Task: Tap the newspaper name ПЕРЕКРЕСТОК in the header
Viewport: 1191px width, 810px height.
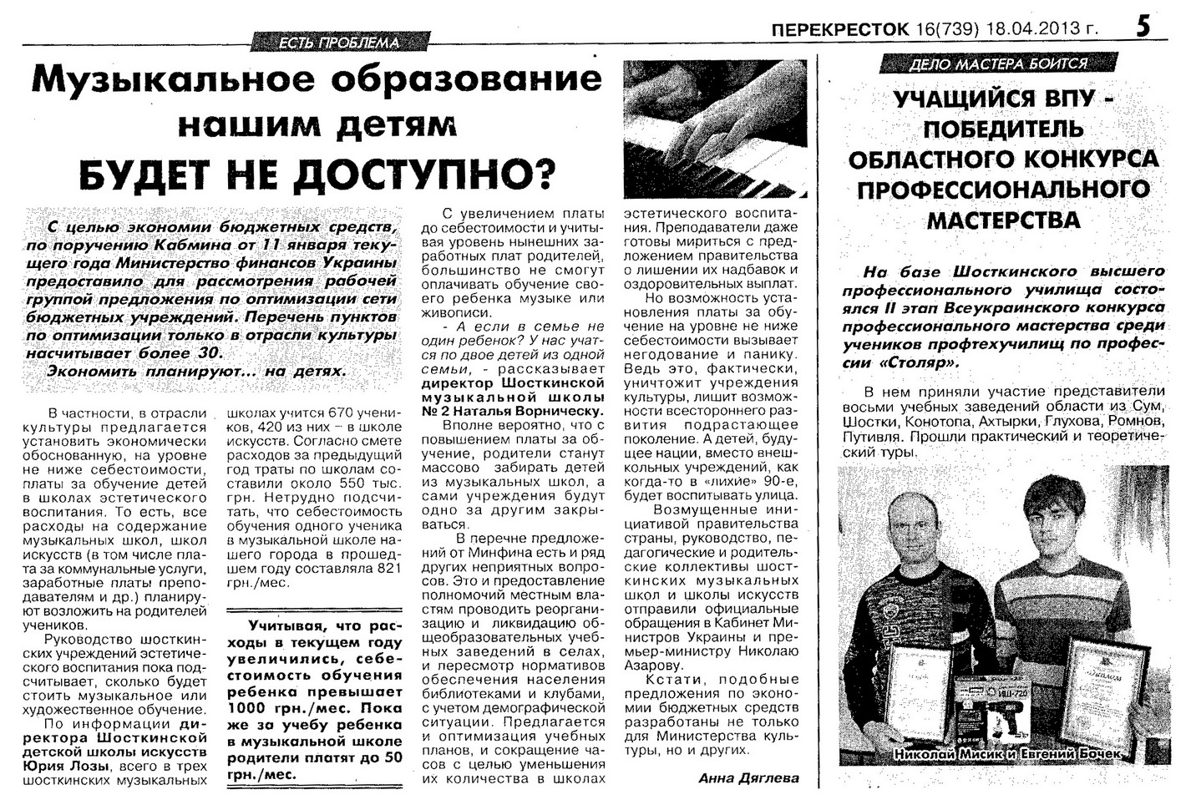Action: tap(840, 30)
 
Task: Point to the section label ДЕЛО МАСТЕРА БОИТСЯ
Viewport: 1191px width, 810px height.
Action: tap(998, 63)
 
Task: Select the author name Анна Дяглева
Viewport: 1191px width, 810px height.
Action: tap(748, 777)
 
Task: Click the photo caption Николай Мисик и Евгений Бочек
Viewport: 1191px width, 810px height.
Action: tap(1006, 754)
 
